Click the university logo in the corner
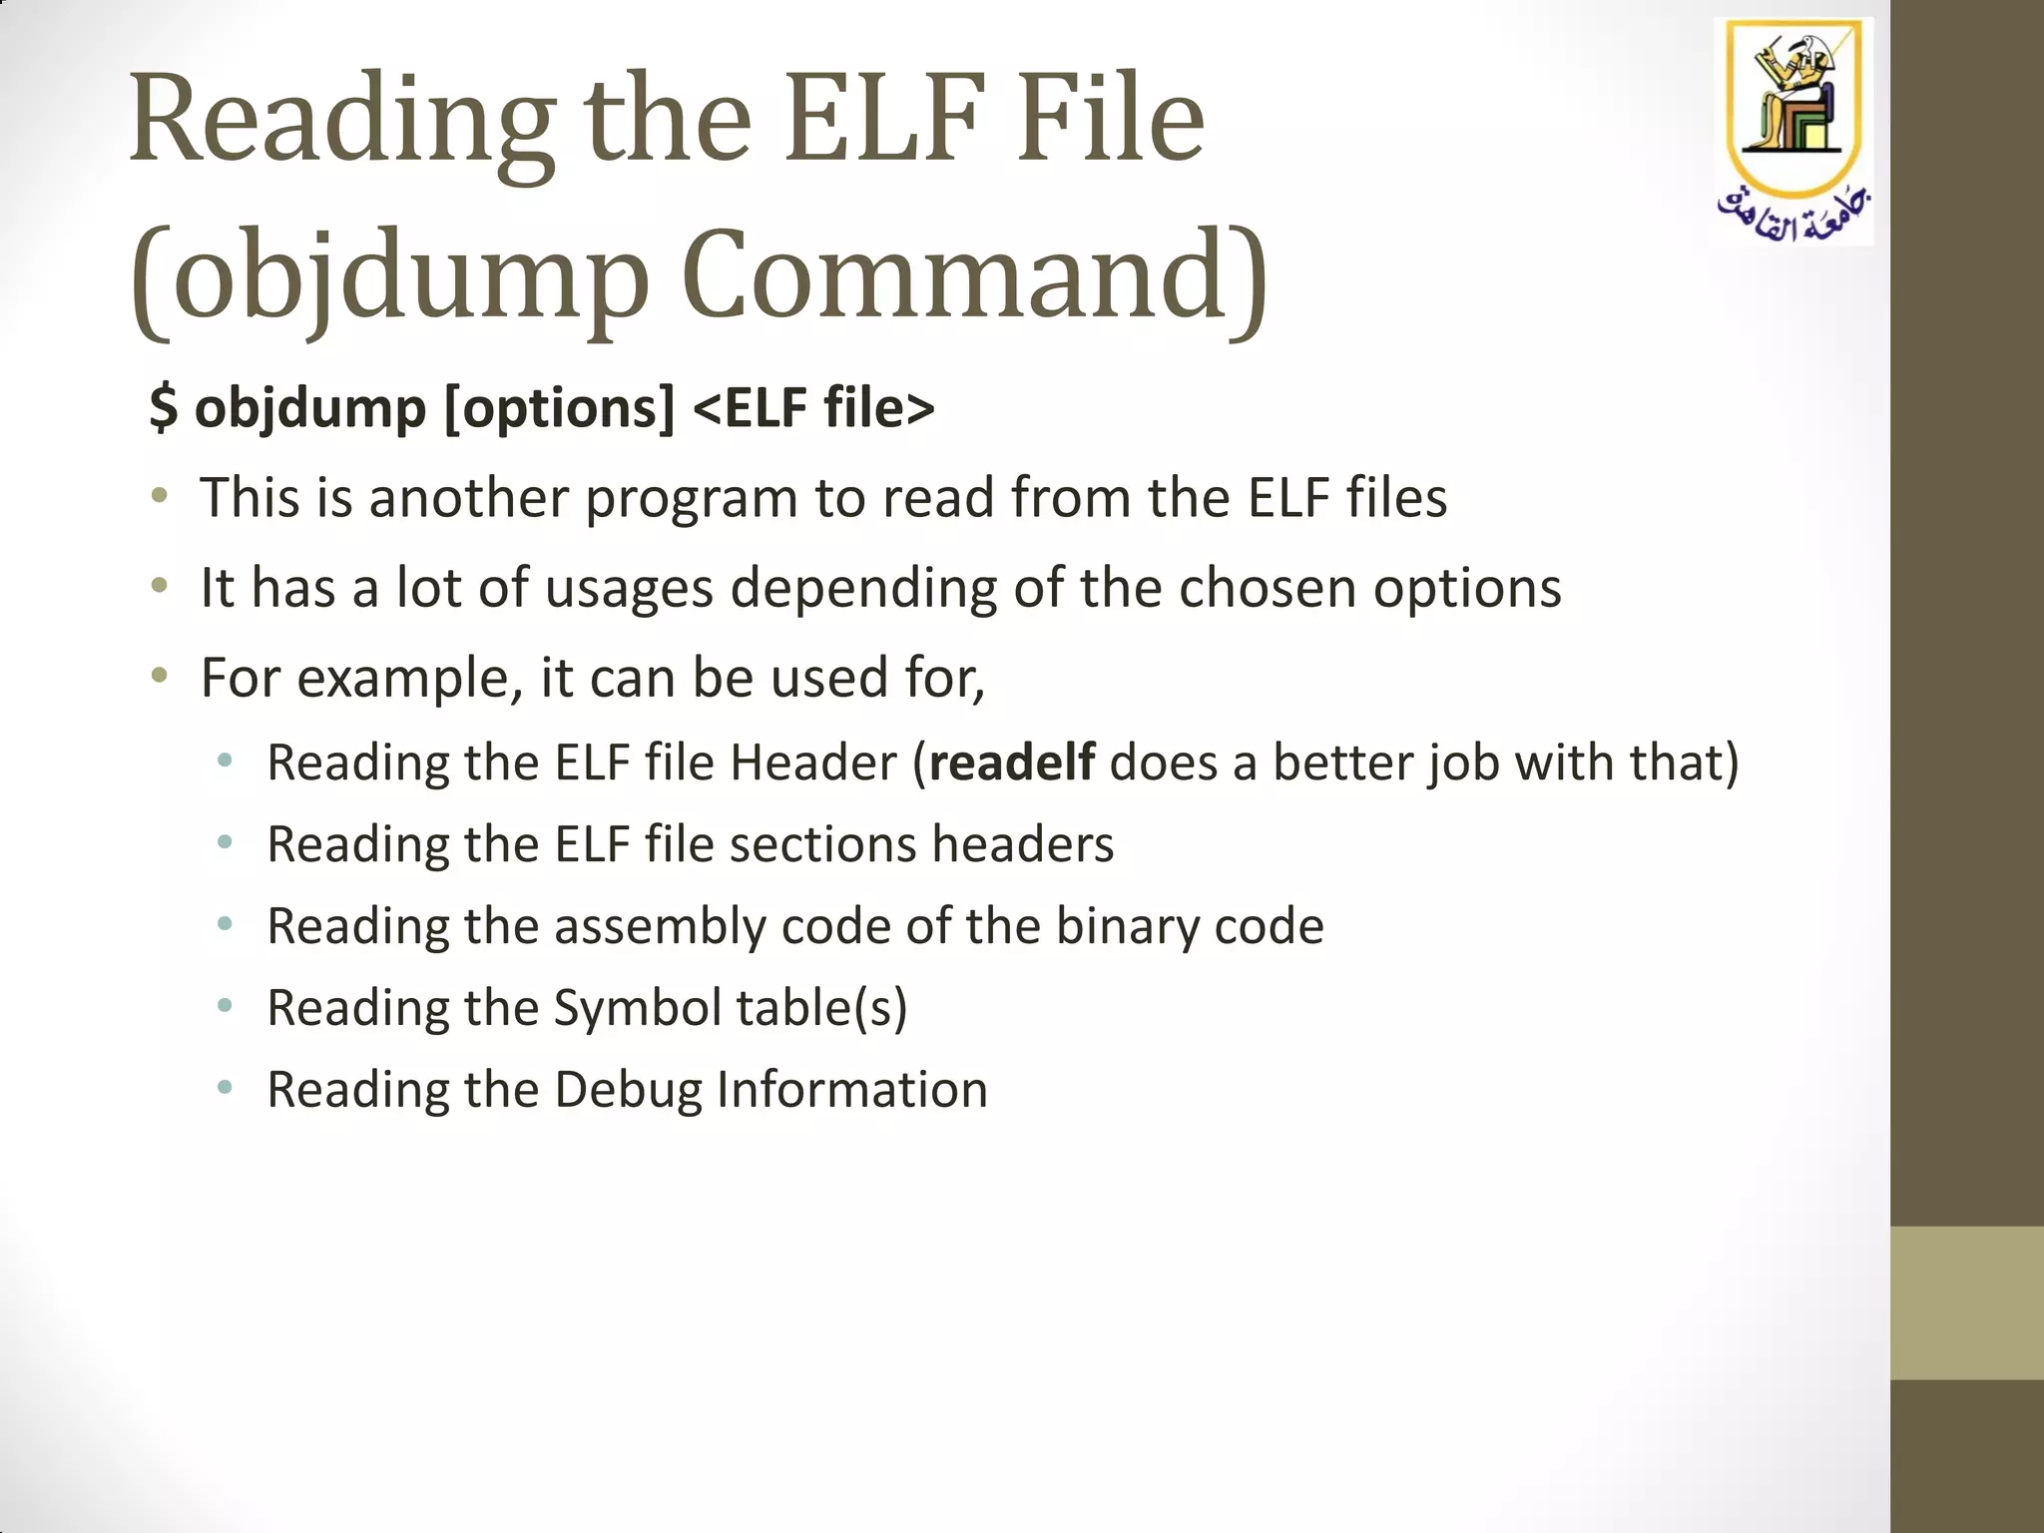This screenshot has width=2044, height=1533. pyautogui.click(x=1792, y=131)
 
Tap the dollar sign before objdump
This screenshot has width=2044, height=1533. pyautogui.click(x=164, y=407)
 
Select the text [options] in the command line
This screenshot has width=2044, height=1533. pyautogui.click(x=559, y=409)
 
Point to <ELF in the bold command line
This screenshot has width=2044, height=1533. pyautogui.click(x=750, y=407)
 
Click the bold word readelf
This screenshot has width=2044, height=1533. pyautogui.click(x=1011, y=763)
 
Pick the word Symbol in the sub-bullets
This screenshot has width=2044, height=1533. pyautogui.click(x=637, y=1008)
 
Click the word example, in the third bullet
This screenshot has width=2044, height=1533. pyautogui.click(x=410, y=679)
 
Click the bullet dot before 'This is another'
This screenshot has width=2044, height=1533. pyautogui.click(x=159, y=496)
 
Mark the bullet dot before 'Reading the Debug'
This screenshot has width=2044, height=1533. pyautogui.click(x=225, y=1087)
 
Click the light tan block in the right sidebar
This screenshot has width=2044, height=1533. pyautogui.click(x=1966, y=1302)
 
